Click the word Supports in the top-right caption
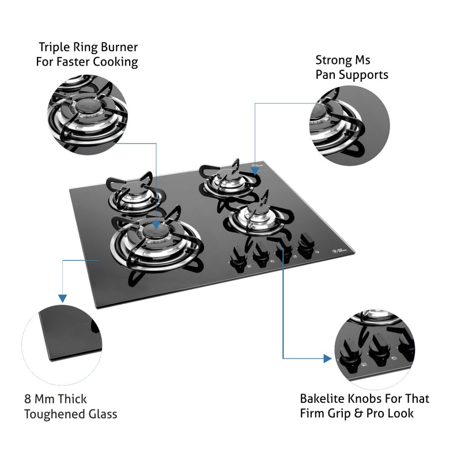coord(365,75)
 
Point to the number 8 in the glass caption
coord(28,399)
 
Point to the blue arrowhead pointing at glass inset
coord(62,297)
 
